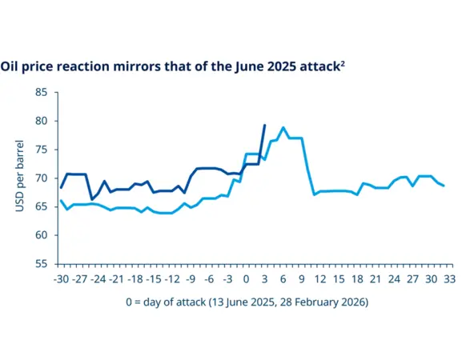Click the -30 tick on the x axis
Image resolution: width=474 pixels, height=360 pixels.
point(60,279)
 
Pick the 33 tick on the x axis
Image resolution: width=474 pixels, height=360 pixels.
point(450,279)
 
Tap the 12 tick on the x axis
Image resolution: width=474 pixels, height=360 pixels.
point(320,279)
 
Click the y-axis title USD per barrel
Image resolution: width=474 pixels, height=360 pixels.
point(20,178)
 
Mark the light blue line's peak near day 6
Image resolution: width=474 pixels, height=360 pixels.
point(283,127)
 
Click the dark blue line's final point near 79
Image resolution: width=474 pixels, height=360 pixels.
point(265,125)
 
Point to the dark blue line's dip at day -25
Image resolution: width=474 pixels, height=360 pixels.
point(91,199)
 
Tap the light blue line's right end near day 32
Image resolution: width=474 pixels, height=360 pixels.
point(444,186)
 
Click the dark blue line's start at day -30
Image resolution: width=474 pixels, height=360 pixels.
point(61,188)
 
